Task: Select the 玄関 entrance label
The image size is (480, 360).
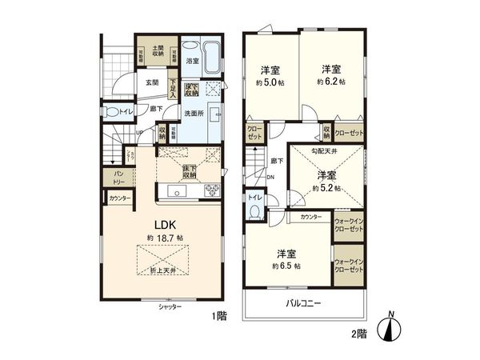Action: point(152,82)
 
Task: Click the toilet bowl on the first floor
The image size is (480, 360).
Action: point(114,112)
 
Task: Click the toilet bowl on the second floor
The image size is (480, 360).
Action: point(254,210)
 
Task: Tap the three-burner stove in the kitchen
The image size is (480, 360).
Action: point(212,190)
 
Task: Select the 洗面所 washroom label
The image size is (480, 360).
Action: point(195,114)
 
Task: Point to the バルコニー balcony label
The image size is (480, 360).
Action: point(302,304)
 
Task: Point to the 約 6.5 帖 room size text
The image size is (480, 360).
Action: point(286,265)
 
